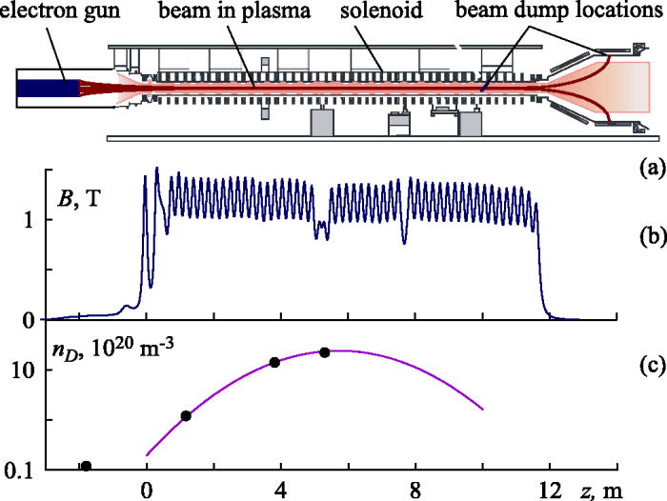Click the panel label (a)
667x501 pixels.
point(651,169)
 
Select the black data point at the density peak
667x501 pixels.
point(325,352)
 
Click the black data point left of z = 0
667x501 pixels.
point(87,466)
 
